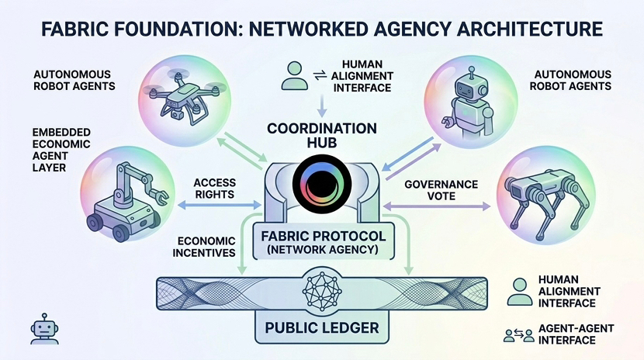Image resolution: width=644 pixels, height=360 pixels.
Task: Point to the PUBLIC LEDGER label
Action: (321, 327)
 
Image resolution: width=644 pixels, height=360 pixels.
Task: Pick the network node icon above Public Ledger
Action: (321, 290)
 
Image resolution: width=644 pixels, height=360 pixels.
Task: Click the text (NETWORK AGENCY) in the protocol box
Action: (321, 250)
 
